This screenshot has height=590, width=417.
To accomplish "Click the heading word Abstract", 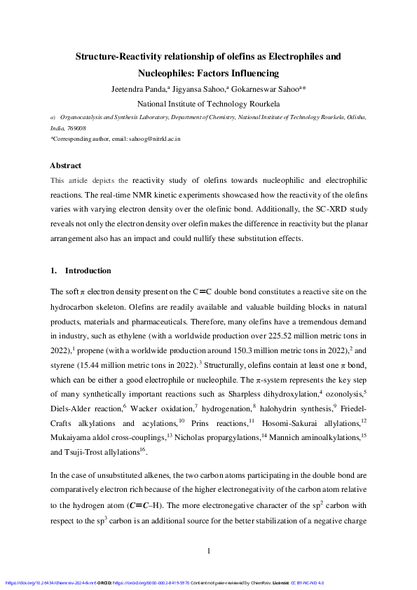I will [65, 165].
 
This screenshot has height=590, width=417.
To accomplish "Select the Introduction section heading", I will [88, 270].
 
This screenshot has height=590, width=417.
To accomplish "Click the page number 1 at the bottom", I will [208, 551].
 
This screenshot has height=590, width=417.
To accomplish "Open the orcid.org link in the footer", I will [153, 582].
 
